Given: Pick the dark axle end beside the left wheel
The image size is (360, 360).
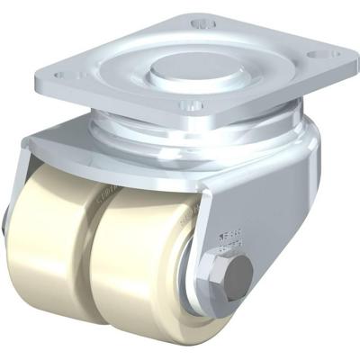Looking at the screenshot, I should (x=8, y=243).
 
